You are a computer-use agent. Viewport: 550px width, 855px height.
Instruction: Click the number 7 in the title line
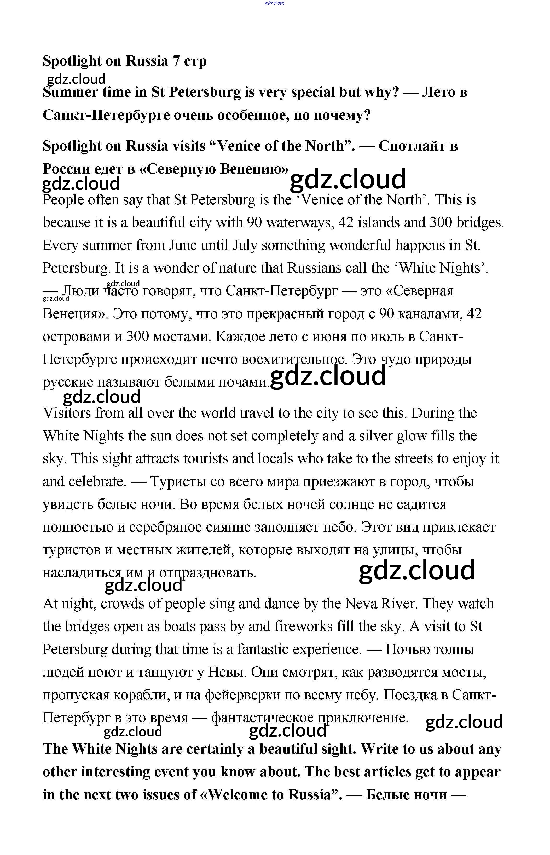click(176, 61)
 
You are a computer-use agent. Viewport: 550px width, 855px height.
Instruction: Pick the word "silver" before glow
click(379, 436)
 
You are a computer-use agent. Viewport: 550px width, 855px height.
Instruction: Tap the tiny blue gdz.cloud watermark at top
click(275, 3)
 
